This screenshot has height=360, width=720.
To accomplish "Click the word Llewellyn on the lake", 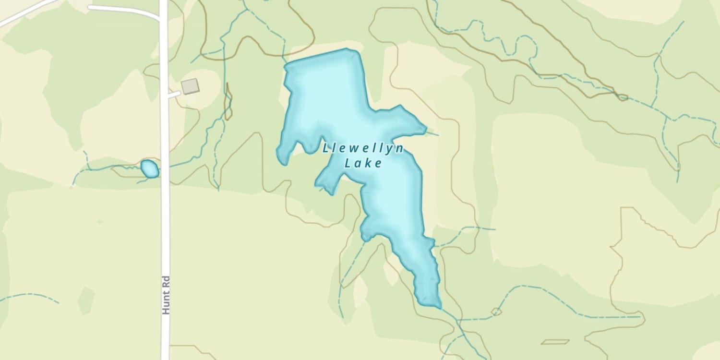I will [363, 148].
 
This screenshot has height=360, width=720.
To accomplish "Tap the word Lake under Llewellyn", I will [363, 163].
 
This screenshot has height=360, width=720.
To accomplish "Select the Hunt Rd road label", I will [166, 295].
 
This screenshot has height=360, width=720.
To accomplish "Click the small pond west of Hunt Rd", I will [150, 169].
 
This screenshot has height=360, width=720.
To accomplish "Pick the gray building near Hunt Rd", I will [190, 86].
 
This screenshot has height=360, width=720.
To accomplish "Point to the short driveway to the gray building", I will [174, 95].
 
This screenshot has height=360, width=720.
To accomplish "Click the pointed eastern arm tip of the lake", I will [424, 129].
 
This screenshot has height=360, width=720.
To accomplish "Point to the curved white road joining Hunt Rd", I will [125, 10].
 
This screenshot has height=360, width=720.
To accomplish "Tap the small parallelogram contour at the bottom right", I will [555, 342].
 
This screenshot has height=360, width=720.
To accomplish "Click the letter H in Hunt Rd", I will [166, 310].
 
